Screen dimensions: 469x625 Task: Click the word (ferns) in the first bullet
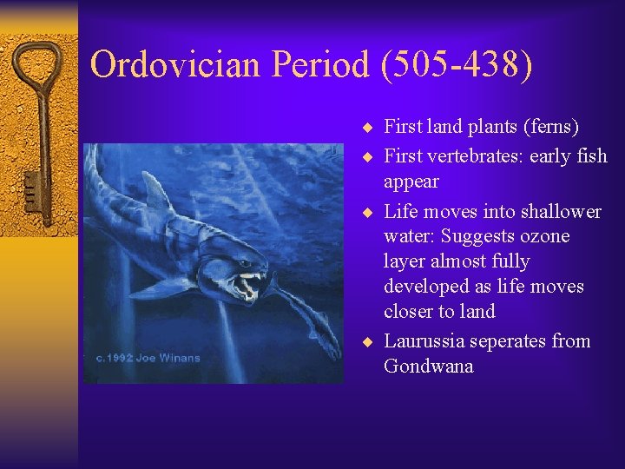pyautogui.click(x=550, y=127)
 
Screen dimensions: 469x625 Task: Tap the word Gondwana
pyautogui.click(x=429, y=367)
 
